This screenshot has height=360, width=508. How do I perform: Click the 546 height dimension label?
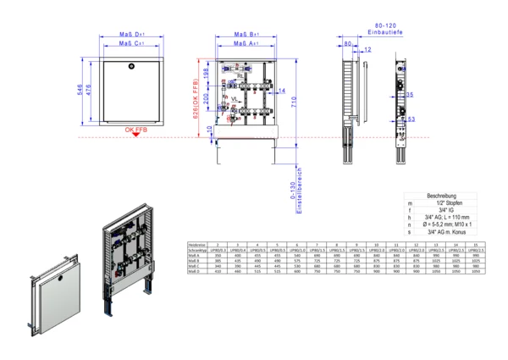pos(81,91)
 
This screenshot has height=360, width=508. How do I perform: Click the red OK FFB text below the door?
pos(135,130)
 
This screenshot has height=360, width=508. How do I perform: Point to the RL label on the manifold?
pos(240,75)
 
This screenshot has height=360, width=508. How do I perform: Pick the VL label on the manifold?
pos(236,99)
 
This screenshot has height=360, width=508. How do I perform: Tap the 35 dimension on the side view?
pos(410,96)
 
